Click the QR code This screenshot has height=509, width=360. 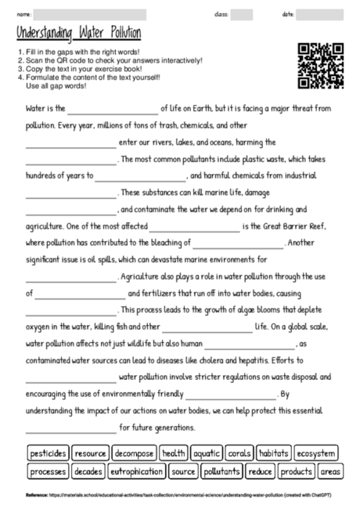point(320,67)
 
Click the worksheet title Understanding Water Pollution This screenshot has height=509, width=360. point(78,34)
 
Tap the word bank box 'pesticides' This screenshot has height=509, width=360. point(48,453)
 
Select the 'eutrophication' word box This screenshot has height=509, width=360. point(136,471)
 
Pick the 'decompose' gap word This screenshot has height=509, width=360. point(133,453)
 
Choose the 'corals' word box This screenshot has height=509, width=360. point(239,453)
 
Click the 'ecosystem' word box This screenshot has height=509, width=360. point(317,453)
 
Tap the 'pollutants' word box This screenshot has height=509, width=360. point(221,471)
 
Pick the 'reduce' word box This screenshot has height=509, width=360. point(260,471)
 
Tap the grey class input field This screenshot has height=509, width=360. point(242,14)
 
